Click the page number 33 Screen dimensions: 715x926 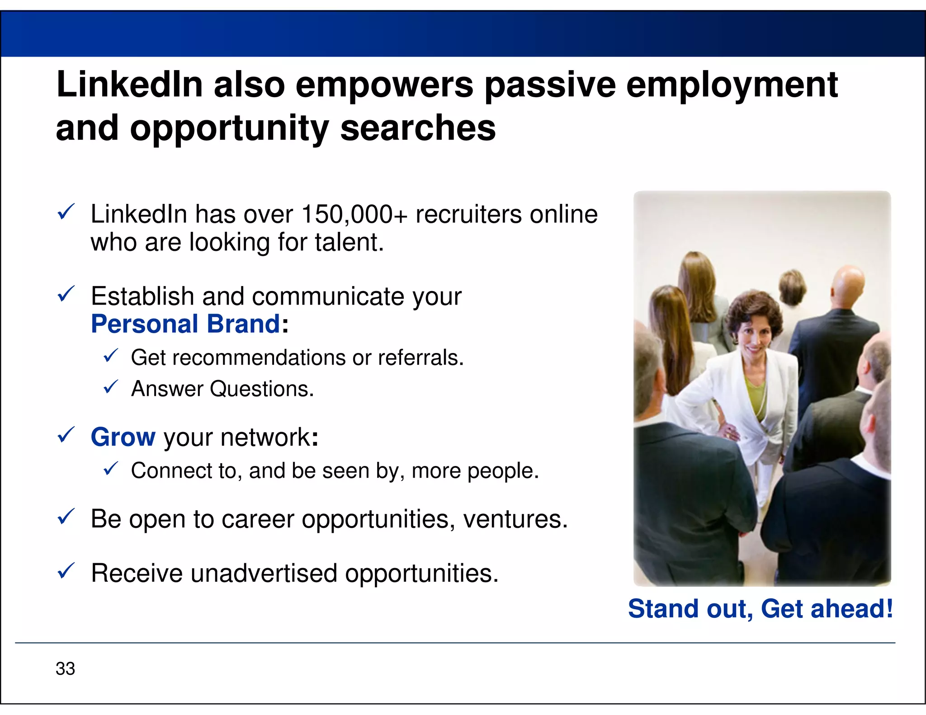pos(65,668)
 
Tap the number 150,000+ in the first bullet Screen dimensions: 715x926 pos(354,214)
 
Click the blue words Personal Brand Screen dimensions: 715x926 pos(185,324)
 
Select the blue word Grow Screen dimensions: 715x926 pos(123,437)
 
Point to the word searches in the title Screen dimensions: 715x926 pos(418,128)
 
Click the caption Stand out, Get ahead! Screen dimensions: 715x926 pos(761,608)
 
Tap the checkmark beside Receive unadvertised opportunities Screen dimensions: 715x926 pos(66,571)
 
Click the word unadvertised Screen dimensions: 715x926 pos(264,573)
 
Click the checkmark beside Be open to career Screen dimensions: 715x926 pos(66,517)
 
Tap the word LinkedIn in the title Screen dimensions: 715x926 pos(129,85)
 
